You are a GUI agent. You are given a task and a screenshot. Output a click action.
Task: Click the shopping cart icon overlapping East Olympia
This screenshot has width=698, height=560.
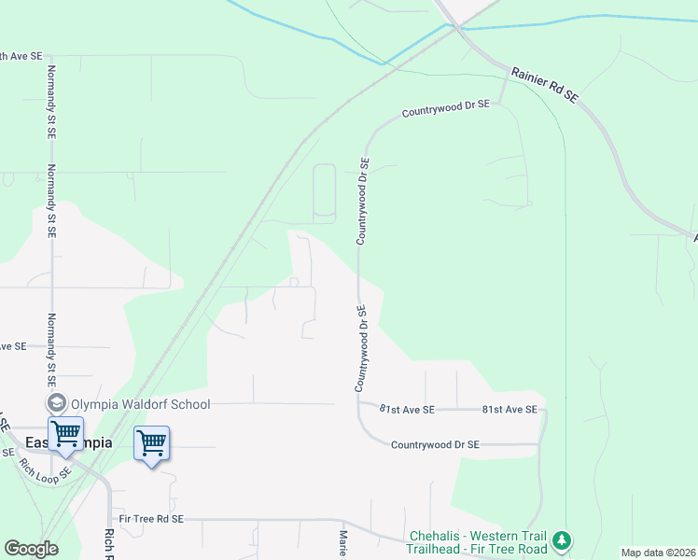point(65,434)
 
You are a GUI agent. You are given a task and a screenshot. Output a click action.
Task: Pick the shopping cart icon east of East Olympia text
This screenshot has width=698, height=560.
point(151,442)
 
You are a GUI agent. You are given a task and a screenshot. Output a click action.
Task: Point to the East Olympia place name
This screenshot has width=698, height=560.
point(69,442)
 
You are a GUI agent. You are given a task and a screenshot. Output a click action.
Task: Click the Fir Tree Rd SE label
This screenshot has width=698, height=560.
point(151,518)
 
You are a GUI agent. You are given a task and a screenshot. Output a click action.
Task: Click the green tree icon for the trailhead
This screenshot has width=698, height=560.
point(561,540)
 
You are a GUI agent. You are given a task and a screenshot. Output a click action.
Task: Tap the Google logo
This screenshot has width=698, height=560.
point(31,549)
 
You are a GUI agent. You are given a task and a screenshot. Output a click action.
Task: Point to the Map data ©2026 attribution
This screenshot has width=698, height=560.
point(658,553)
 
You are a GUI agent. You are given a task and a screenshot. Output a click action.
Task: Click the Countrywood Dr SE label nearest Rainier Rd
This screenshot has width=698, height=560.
point(445,109)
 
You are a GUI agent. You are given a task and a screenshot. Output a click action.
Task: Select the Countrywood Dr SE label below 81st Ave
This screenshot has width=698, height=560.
point(435,445)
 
